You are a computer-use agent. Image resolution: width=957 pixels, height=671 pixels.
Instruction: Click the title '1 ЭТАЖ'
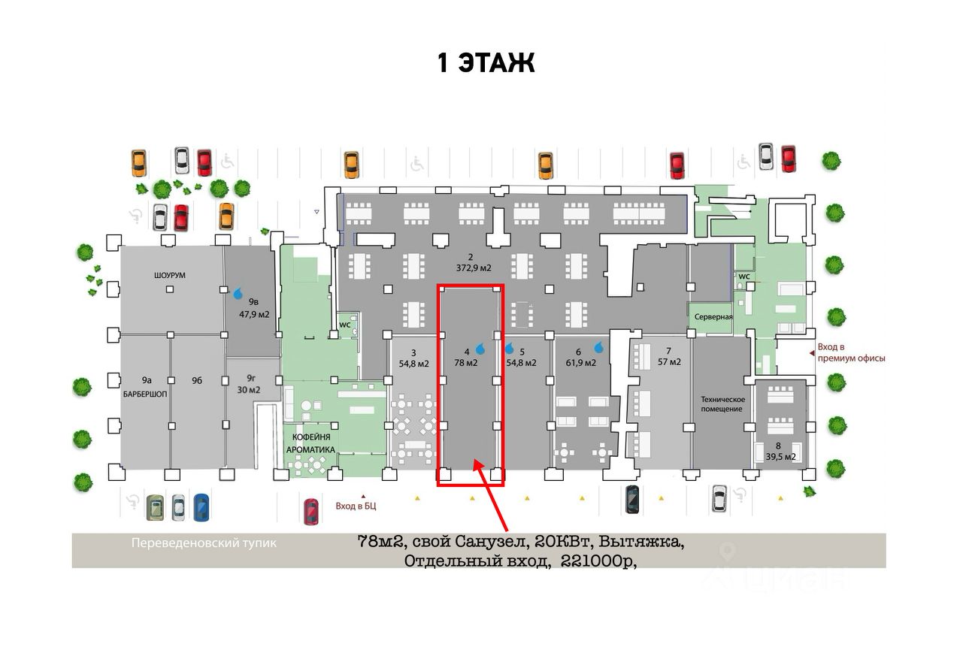pos(486,62)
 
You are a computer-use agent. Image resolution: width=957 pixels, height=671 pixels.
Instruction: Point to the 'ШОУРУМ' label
pos(169,276)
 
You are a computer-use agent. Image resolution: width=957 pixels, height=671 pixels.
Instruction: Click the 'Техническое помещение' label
pos(722,404)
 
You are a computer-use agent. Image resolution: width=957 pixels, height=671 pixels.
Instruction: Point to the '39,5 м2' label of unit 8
pos(780,456)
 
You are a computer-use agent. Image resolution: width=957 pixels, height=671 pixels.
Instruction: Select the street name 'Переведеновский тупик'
pos(204,543)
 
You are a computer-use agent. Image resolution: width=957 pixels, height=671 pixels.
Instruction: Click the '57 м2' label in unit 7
pos(669,361)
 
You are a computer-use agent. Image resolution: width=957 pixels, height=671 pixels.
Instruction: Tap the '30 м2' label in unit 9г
pos(249,389)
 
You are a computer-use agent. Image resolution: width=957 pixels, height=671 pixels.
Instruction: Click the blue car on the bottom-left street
pos(201,507)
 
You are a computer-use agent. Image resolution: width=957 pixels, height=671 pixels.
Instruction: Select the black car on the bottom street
pos(633,499)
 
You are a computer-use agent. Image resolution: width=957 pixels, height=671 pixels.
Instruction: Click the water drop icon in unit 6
pos(599,347)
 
